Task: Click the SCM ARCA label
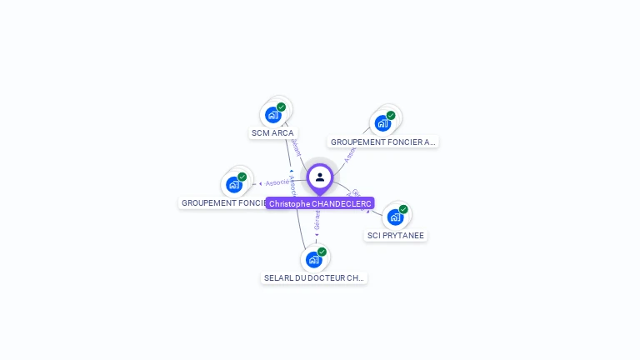[x=272, y=133]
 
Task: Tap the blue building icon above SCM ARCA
[x=272, y=115]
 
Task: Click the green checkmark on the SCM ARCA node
[x=282, y=107]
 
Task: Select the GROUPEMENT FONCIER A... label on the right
[x=382, y=142]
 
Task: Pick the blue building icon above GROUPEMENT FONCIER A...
[x=382, y=123]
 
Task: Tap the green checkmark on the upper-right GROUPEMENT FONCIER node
[x=391, y=115]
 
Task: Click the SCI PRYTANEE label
[x=396, y=236]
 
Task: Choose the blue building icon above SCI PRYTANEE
[x=395, y=217]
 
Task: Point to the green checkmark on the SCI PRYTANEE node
[x=403, y=209]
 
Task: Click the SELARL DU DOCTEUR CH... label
[x=314, y=278]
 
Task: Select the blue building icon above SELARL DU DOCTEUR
[x=313, y=260]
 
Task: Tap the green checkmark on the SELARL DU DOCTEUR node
[x=322, y=252]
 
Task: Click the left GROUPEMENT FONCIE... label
[x=222, y=203]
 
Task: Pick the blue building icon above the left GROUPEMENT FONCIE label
[x=233, y=184]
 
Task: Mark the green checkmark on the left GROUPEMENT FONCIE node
[x=242, y=177]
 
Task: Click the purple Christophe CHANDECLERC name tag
[x=320, y=203]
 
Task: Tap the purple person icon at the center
[x=320, y=177]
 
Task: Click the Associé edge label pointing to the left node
[x=277, y=182]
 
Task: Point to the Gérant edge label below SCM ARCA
[x=295, y=148]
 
